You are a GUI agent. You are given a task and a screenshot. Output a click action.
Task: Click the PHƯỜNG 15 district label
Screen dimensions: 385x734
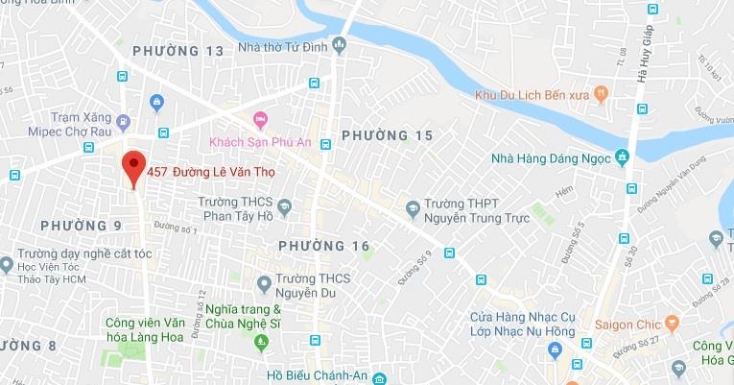pyautogui.click(x=387, y=135)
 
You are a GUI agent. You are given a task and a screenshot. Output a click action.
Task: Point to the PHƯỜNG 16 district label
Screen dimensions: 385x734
pyautogui.click(x=323, y=247)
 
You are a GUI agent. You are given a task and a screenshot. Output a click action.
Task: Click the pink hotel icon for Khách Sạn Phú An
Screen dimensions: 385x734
pyautogui.click(x=260, y=119)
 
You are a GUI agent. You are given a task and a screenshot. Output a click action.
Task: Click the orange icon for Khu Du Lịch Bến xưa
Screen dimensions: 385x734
pyautogui.click(x=602, y=93)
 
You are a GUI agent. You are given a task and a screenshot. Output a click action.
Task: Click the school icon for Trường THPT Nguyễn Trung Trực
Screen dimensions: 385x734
pyautogui.click(x=412, y=205)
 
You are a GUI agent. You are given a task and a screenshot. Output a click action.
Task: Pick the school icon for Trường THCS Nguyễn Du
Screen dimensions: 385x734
pyautogui.click(x=265, y=282)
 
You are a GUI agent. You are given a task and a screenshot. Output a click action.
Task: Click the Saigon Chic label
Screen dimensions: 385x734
pyautogui.click(x=627, y=323)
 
